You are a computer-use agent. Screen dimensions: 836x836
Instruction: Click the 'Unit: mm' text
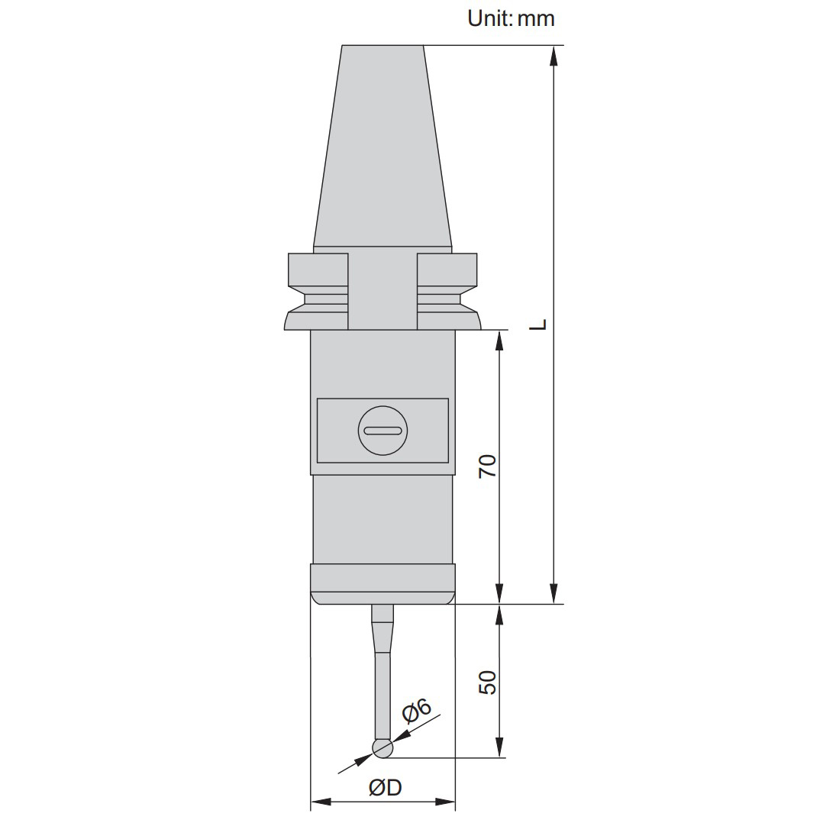pos(511,18)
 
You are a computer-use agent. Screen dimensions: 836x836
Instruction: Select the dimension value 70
pos(487,466)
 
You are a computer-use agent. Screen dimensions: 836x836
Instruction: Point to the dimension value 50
pos(487,683)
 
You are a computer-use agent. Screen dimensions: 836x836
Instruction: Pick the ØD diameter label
pos(385,787)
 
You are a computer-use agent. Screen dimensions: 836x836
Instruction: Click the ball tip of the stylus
pos(382,748)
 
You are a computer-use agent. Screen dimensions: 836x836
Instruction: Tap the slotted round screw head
pos(382,431)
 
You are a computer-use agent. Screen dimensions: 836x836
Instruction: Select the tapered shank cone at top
pos(382,146)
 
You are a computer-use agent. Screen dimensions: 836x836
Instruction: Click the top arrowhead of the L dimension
pos(554,56)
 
